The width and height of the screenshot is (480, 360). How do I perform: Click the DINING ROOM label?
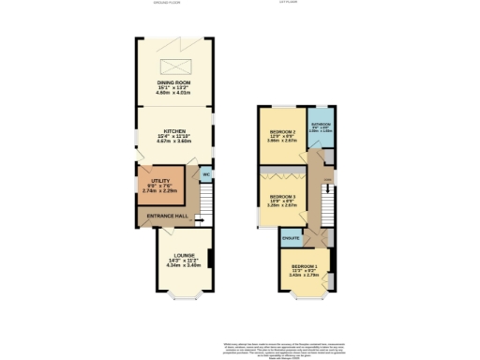pyautogui.click(x=174, y=82)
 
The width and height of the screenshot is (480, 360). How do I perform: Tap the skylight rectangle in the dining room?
pyautogui.click(x=174, y=66)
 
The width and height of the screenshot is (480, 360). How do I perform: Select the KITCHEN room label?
pyautogui.click(x=174, y=130)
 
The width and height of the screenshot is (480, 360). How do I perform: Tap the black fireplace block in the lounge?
pyautogui.click(x=209, y=258)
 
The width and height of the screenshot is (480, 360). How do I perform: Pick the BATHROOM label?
pyautogui.click(x=321, y=124)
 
